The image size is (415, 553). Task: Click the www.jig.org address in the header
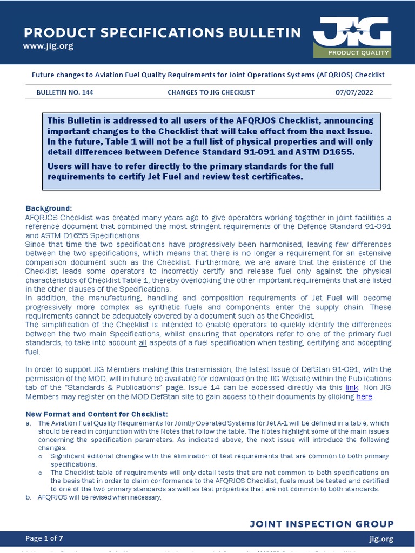(48, 46)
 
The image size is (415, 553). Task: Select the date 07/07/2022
(354, 92)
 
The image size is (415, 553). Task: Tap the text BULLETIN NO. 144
(65, 92)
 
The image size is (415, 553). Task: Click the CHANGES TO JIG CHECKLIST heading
(211, 92)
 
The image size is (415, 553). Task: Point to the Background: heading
(48, 208)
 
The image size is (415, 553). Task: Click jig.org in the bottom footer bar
(381, 538)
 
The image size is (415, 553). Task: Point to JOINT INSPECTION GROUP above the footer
(322, 524)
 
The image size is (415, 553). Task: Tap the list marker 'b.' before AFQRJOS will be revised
(29, 497)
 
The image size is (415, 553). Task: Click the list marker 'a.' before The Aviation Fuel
(29, 423)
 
